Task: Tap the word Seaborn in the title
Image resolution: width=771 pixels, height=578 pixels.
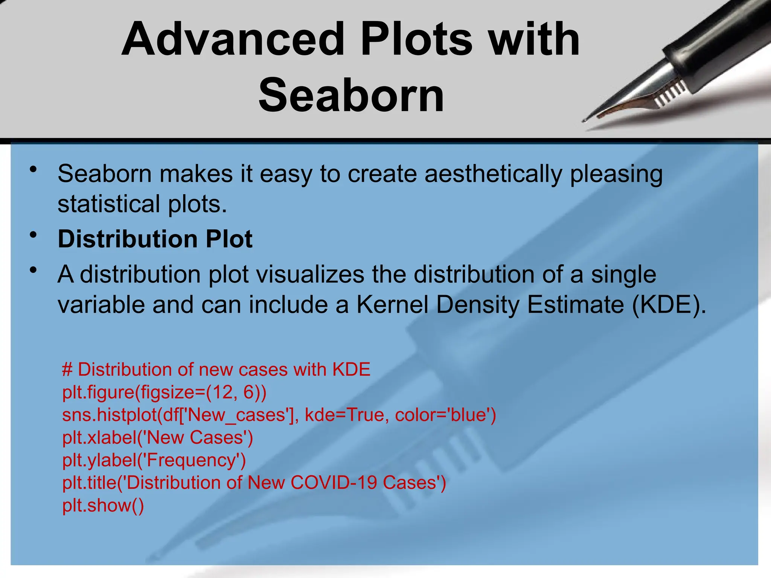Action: [x=351, y=95]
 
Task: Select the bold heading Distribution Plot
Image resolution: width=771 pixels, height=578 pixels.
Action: [x=155, y=239]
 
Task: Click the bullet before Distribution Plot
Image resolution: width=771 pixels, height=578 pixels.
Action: [x=34, y=235]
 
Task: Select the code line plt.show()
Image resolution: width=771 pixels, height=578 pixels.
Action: [x=103, y=505]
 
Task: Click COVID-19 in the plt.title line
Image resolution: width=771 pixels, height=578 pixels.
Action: [x=334, y=483]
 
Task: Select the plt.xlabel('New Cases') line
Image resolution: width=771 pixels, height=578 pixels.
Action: [x=158, y=438]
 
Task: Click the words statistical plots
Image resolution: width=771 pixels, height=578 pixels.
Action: [x=142, y=204]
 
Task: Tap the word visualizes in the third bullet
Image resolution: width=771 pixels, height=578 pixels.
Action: [x=310, y=274]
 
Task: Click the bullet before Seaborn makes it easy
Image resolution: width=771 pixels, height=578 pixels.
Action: [x=34, y=170]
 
